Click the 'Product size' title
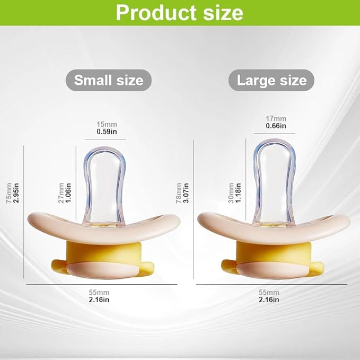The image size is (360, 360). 179,13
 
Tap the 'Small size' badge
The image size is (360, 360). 109,80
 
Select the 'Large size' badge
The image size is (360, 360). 271,80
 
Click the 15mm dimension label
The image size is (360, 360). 107,125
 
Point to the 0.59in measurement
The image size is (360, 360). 107,131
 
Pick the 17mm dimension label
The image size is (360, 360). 276,119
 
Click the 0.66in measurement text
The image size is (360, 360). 276,126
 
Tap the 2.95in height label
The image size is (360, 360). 16,193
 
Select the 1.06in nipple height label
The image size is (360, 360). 68,193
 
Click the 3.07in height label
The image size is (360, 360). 186,193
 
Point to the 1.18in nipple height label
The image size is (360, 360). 238,193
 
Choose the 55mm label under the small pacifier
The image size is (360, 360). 99,293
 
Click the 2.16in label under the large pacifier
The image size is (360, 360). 269,300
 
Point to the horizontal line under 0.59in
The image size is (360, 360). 106,139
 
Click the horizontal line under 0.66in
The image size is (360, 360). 274,134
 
